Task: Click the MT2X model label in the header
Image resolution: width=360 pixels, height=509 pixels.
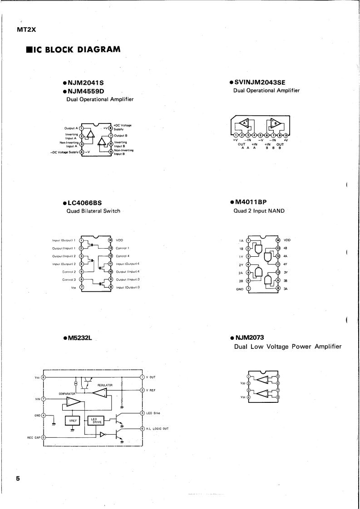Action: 26,30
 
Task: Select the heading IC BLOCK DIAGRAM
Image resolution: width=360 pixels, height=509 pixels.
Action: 74,49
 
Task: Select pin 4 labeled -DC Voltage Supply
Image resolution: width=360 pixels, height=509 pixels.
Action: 82,152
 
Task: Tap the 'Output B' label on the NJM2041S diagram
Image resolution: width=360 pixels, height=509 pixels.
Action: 120,135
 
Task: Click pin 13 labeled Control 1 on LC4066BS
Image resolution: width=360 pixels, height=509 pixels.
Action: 110,248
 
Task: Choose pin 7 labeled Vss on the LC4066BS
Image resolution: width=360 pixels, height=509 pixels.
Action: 82,287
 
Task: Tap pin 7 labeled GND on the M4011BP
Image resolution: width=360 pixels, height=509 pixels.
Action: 248,289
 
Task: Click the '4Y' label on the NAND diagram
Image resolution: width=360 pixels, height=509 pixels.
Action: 286,264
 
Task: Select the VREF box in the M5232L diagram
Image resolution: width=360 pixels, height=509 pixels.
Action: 72,421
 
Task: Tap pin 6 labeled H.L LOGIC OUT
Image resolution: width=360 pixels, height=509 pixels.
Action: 142,429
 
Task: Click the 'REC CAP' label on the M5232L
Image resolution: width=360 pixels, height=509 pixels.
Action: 34,438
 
